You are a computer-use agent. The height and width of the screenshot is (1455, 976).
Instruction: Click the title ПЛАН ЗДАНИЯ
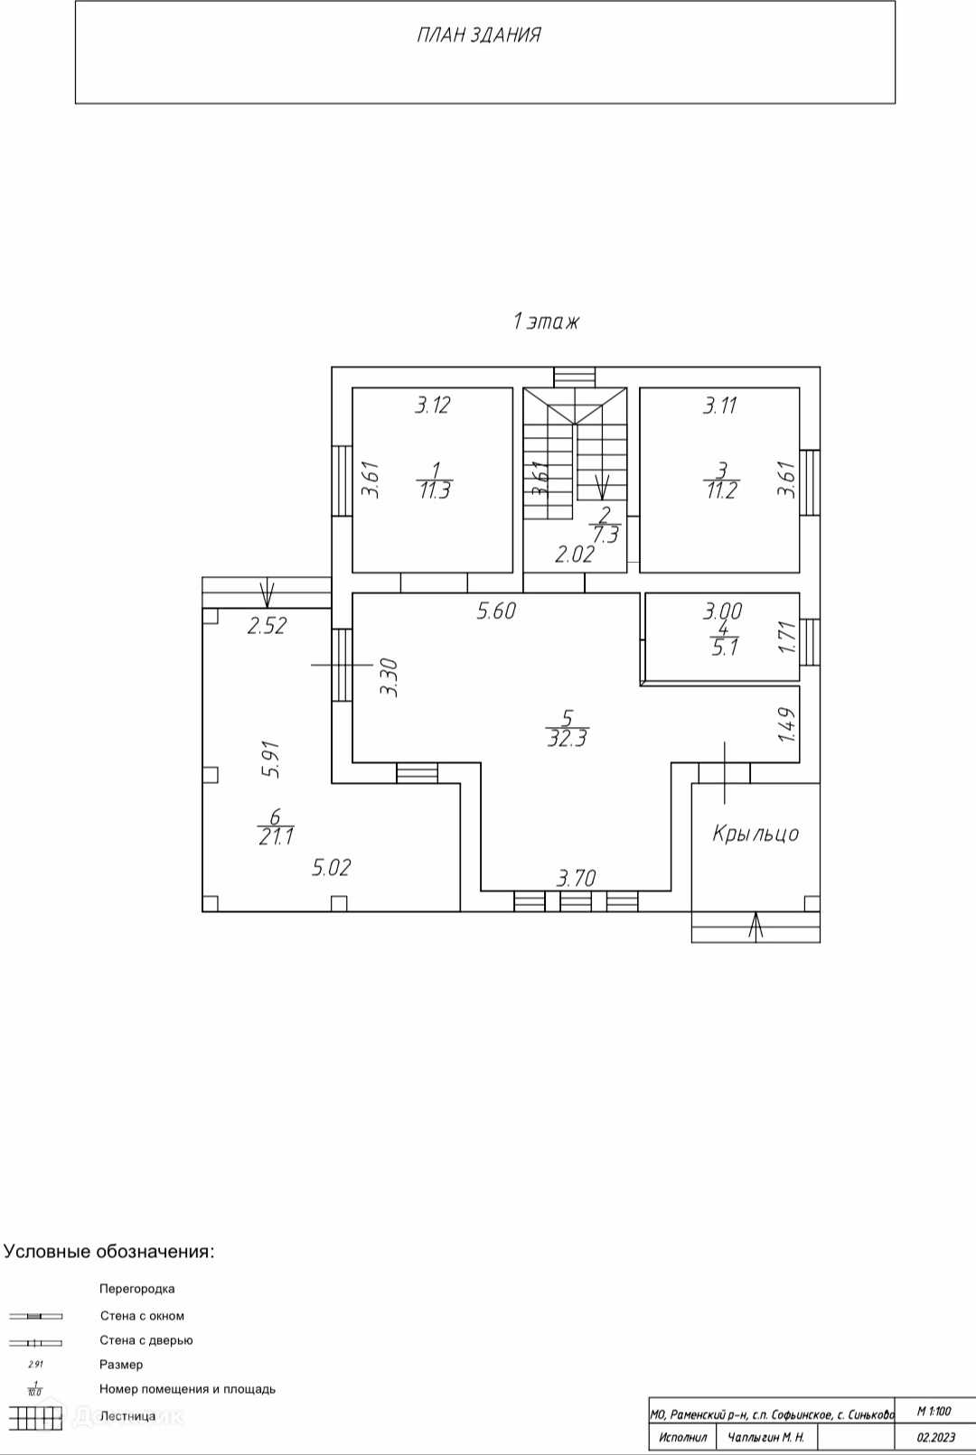pyautogui.click(x=479, y=35)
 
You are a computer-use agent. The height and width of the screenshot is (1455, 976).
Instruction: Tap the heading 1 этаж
pyautogui.click(x=546, y=321)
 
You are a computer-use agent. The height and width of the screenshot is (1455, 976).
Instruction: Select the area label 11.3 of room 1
pyautogui.click(x=435, y=490)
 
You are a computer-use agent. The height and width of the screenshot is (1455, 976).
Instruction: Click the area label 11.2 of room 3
pyautogui.click(x=721, y=490)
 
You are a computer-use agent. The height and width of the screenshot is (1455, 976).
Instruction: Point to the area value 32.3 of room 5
pyautogui.click(x=567, y=738)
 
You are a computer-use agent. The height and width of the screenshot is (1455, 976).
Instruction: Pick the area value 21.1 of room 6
pyautogui.click(x=276, y=837)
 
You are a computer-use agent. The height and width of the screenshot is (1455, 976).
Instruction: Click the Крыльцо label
pyautogui.click(x=755, y=833)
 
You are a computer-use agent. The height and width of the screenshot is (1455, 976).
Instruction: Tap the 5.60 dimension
pyautogui.click(x=496, y=611)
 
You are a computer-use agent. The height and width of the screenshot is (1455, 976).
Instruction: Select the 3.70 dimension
pyautogui.click(x=576, y=877)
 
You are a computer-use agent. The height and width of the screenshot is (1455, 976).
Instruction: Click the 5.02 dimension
pyautogui.click(x=331, y=868)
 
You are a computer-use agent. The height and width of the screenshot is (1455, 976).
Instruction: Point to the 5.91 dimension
pyautogui.click(x=270, y=760)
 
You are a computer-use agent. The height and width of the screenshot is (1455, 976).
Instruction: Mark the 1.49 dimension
pyautogui.click(x=786, y=724)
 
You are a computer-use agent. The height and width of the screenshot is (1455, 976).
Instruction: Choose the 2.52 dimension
pyautogui.click(x=267, y=625)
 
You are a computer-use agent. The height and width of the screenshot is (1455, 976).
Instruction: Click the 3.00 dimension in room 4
pyautogui.click(x=723, y=611)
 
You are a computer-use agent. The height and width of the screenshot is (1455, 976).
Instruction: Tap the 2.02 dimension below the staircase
pyautogui.click(x=574, y=554)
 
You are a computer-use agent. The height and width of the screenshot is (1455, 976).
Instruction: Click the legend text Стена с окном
pyautogui.click(x=142, y=1316)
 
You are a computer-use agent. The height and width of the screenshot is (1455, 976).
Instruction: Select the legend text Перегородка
pyautogui.click(x=136, y=1289)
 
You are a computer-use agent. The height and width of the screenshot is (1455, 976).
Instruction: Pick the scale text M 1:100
pyautogui.click(x=934, y=1411)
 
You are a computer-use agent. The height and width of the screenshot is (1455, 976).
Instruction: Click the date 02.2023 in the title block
pyautogui.click(x=935, y=1437)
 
